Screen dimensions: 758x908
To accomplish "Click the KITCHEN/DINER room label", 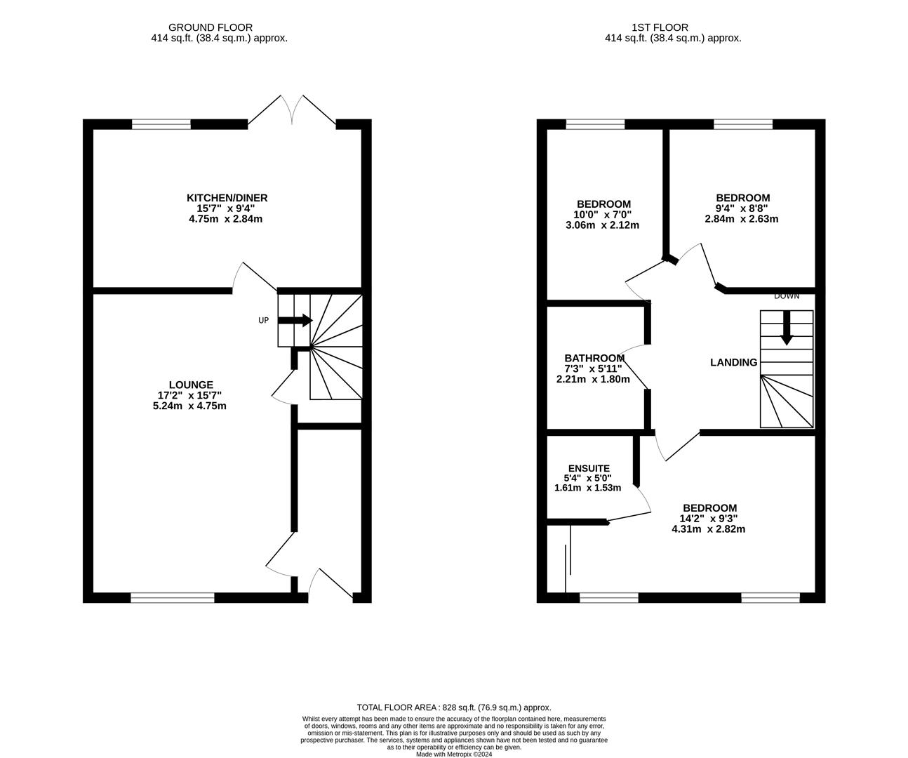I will (227, 198).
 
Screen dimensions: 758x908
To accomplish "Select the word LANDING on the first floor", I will (733, 363).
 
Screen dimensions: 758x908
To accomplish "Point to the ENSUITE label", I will (589, 468).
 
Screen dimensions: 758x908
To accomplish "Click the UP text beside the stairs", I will (263, 321).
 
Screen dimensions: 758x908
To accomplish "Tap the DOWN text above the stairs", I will (786, 296).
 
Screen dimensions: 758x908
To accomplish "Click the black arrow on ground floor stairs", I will (295, 321).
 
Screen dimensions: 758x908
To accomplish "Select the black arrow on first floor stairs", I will (787, 328).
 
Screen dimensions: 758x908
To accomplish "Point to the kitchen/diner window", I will (161, 125).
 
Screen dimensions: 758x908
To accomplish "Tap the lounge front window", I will (172, 598).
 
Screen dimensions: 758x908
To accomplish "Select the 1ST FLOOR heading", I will (650, 27).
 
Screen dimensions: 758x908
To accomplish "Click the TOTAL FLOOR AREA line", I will (454, 707).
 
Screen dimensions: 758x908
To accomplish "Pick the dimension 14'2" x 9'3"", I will (709, 519).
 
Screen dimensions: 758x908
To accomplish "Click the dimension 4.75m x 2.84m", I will (225, 219).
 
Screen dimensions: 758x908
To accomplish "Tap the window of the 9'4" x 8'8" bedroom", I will (743, 125).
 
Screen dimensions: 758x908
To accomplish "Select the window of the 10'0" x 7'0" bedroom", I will (595, 125).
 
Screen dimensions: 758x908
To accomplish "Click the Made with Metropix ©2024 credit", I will (454, 754).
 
